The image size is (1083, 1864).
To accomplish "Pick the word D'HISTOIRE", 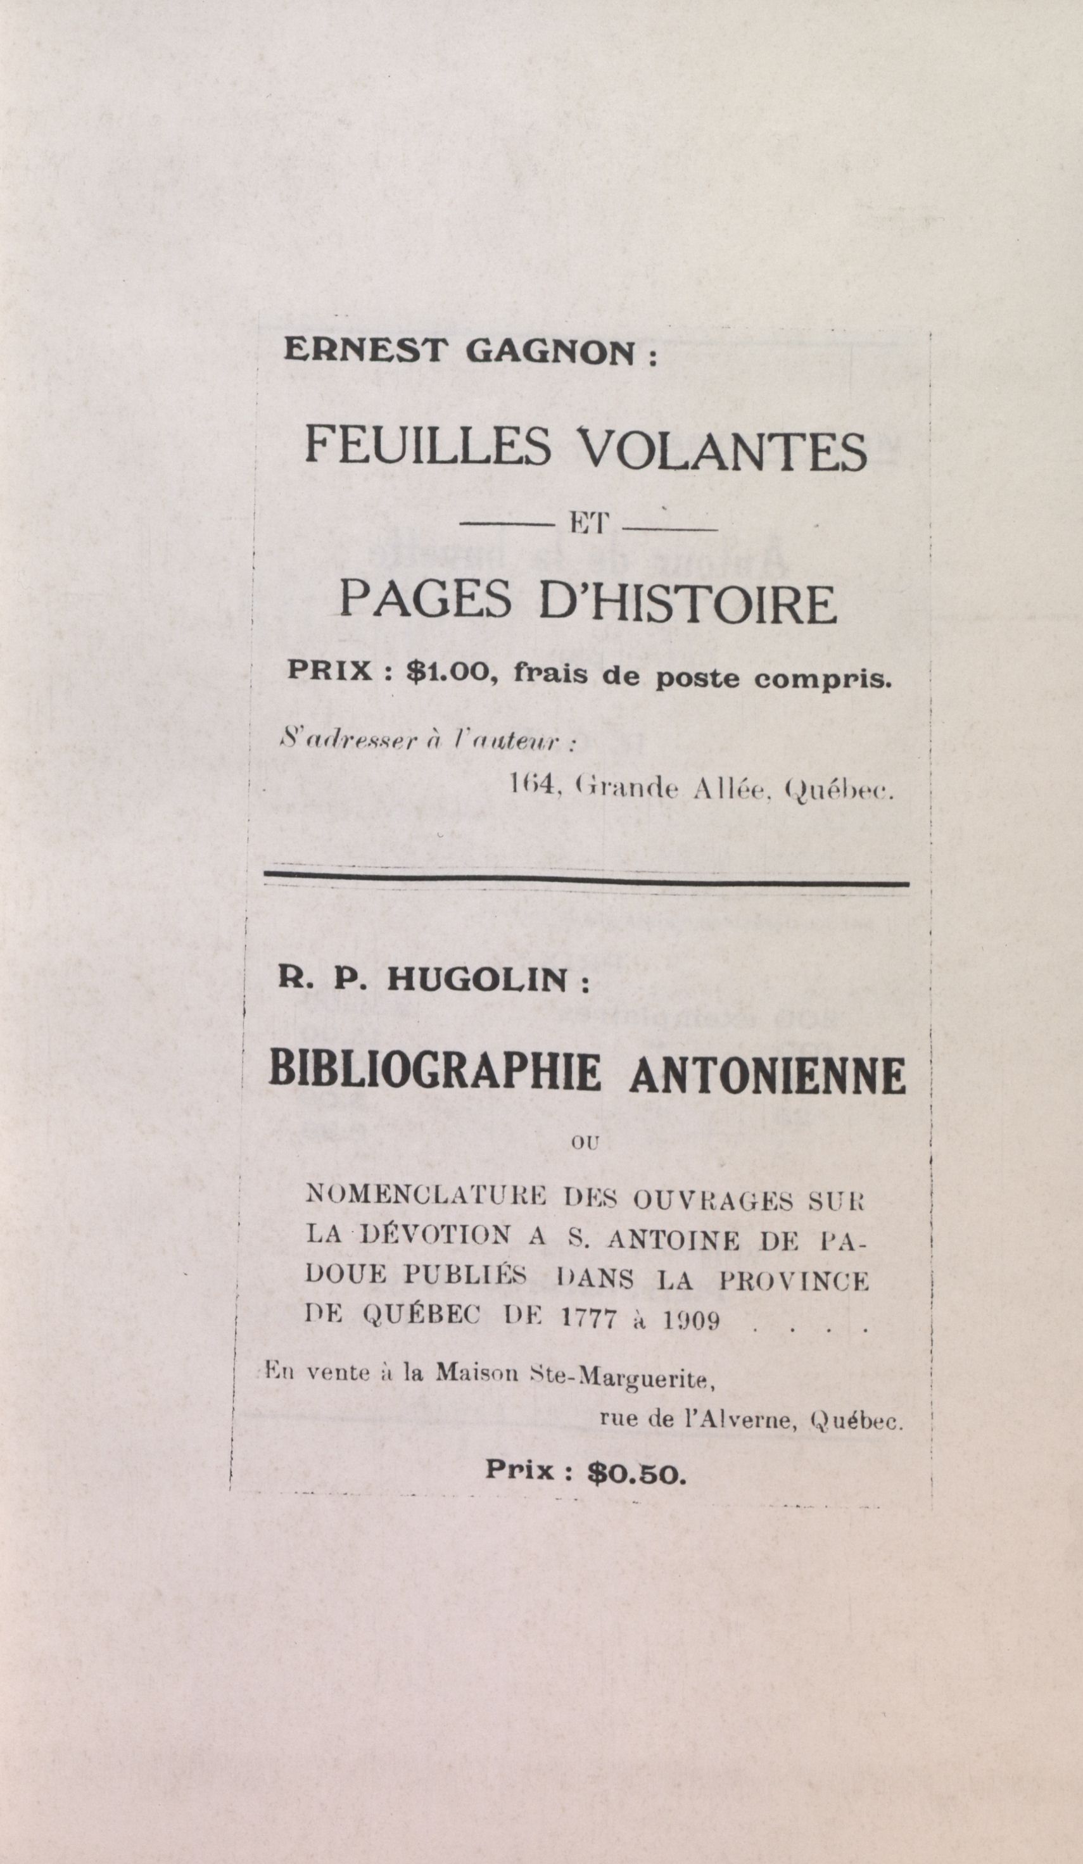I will tap(688, 603).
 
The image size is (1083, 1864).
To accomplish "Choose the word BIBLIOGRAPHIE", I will tap(434, 1076).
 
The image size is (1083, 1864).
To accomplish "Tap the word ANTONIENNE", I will tap(767, 1076).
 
